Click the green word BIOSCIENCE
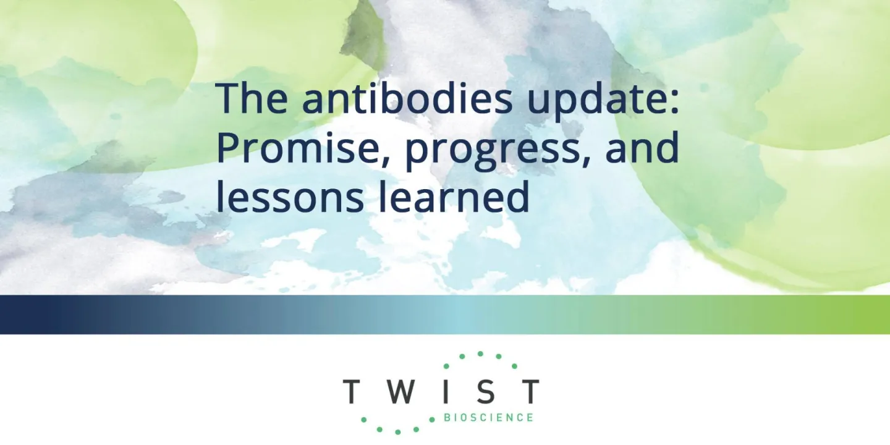click(x=488, y=418)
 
